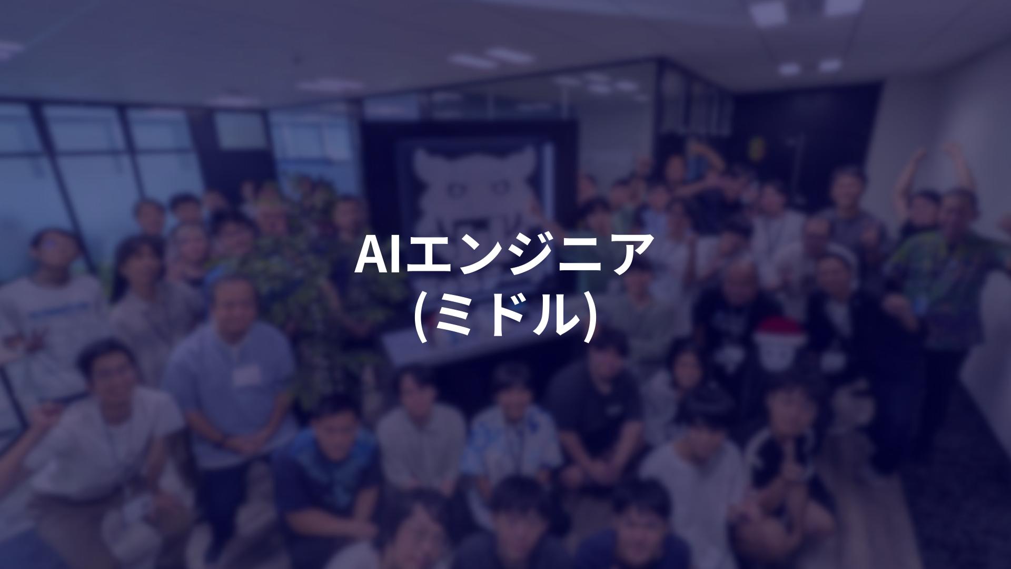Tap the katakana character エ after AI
[x=427, y=255]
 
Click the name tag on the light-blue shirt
[x=247, y=375]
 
